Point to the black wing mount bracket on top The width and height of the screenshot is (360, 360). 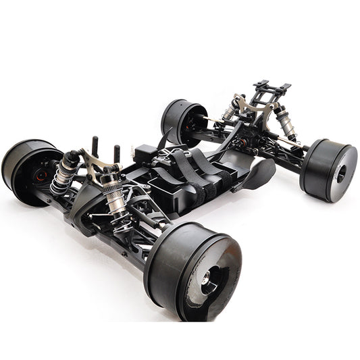point(271,88)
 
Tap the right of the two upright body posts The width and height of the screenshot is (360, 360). point(116,152)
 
